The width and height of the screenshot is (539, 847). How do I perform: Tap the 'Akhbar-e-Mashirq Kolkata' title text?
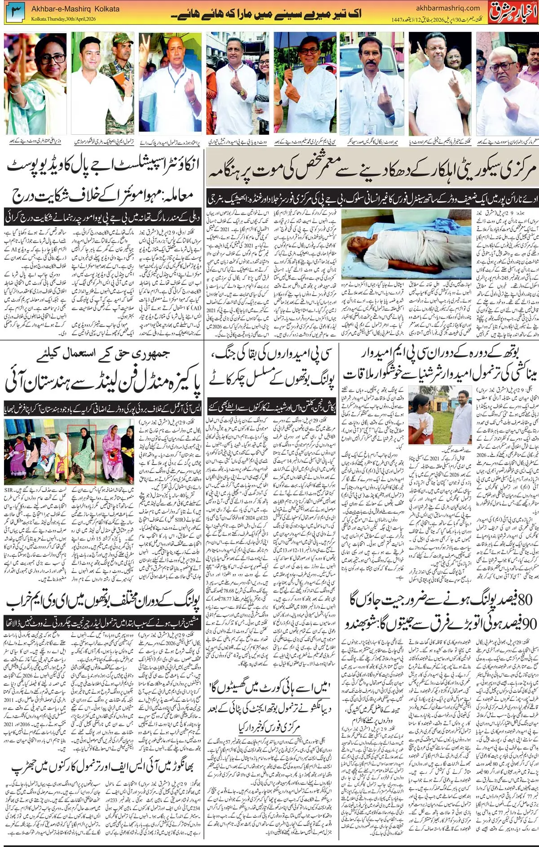[75, 9]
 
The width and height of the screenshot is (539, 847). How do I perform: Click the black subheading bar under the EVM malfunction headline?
[102, 623]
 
